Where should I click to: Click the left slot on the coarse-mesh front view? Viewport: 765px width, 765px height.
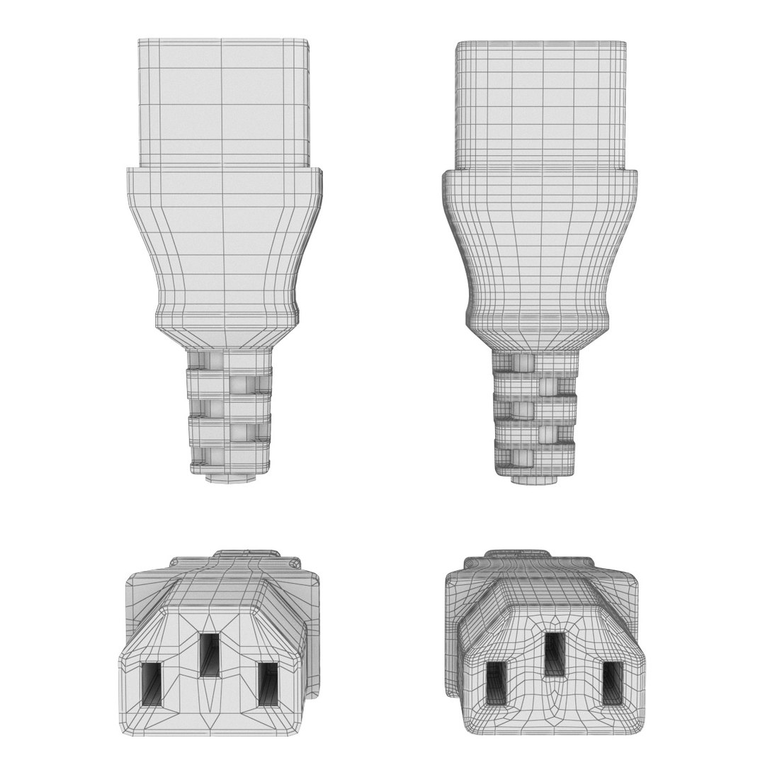[x=152, y=684]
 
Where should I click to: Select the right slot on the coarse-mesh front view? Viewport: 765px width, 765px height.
[x=268, y=684]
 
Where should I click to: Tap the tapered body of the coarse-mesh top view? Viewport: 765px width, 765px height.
[x=225, y=248]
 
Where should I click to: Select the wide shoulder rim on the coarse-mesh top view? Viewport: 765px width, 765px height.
[x=225, y=181]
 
